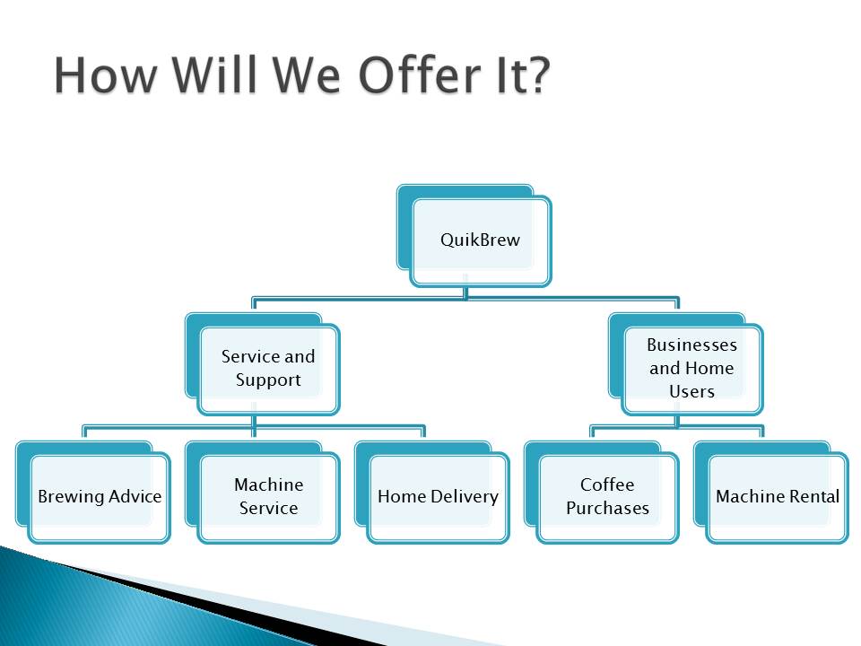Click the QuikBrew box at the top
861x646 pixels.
click(x=474, y=236)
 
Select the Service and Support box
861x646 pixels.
click(x=263, y=364)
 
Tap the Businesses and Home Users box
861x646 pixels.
click(x=686, y=364)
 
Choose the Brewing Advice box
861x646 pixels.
click(x=93, y=493)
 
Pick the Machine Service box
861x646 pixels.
click(x=263, y=493)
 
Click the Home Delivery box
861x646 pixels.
click(x=432, y=493)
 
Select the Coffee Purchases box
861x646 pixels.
click(x=601, y=493)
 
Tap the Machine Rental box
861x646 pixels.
click(x=771, y=493)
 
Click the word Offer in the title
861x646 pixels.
click(x=421, y=74)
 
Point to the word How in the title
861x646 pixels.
click(x=105, y=74)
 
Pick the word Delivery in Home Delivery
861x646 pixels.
click(x=465, y=496)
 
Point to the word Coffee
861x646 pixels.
click(x=607, y=484)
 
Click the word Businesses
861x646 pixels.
click(x=691, y=345)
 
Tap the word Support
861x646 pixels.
click(x=268, y=380)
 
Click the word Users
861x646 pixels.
click(x=691, y=391)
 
